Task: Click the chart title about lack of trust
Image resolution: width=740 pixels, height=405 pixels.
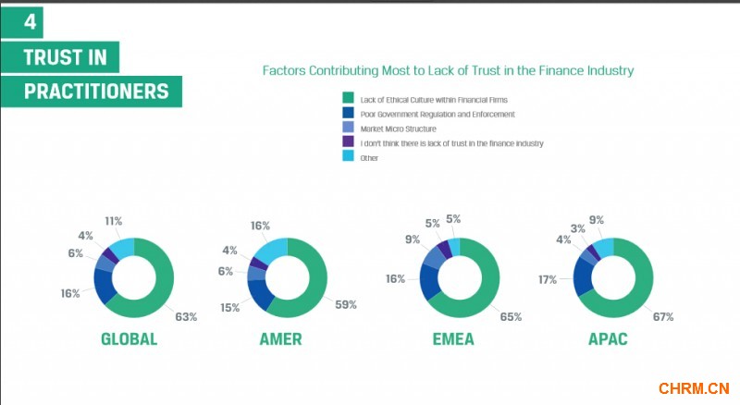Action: [x=448, y=70]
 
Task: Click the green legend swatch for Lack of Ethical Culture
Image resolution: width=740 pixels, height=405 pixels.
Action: [x=348, y=98]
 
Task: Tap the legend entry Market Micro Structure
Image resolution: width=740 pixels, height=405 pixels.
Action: [x=399, y=129]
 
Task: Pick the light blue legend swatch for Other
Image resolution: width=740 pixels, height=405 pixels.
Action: [x=348, y=157]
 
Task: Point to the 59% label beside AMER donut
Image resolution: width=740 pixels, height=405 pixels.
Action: [x=345, y=304]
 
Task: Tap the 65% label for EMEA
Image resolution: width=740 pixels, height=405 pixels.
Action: [x=511, y=316]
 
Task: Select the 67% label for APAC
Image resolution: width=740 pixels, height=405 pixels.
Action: [x=662, y=316]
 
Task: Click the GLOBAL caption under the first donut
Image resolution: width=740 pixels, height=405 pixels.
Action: [x=129, y=339]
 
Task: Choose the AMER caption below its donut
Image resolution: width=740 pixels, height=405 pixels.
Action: [x=280, y=339]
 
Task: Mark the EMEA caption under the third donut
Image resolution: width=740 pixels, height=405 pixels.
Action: [x=452, y=339]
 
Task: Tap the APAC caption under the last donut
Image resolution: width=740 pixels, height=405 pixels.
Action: [x=608, y=339]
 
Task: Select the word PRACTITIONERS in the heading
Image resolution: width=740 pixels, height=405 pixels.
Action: [x=96, y=92]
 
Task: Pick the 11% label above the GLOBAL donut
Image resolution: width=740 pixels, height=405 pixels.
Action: [x=113, y=222]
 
